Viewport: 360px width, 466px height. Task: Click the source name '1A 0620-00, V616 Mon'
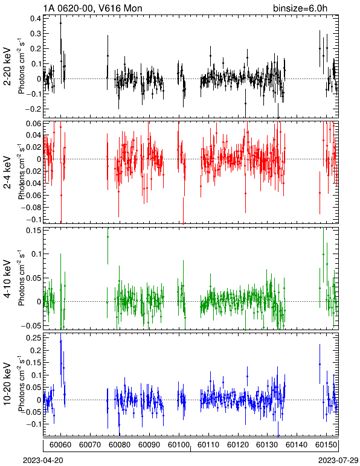coord(92,8)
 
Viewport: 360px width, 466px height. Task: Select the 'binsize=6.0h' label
coord(300,8)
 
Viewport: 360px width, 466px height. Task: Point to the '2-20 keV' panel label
coord(7,66)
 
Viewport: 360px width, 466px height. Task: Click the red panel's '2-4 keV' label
coord(7,173)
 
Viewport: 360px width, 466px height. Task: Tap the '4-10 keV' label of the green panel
coord(7,279)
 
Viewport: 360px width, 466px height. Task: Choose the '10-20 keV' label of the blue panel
coord(7,384)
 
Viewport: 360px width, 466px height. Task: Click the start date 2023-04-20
coord(43,461)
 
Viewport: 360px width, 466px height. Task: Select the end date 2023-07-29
coord(338,461)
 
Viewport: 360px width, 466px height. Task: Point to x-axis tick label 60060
coord(60,445)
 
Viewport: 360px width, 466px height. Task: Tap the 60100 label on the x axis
coord(179,445)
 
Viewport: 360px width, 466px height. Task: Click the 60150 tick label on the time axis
coord(326,445)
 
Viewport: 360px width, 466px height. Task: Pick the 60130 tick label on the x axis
coord(267,445)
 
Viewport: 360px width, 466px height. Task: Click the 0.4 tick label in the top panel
coord(36,19)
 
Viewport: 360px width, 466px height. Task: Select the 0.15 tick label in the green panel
coord(34,231)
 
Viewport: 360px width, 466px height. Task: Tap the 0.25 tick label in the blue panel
coord(34,338)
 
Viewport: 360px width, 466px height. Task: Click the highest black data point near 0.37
coord(60,23)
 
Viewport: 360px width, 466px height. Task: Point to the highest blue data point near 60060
coord(60,342)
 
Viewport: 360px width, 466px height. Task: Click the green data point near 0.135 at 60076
coord(108,237)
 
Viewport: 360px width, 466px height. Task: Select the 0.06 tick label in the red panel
coord(34,123)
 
